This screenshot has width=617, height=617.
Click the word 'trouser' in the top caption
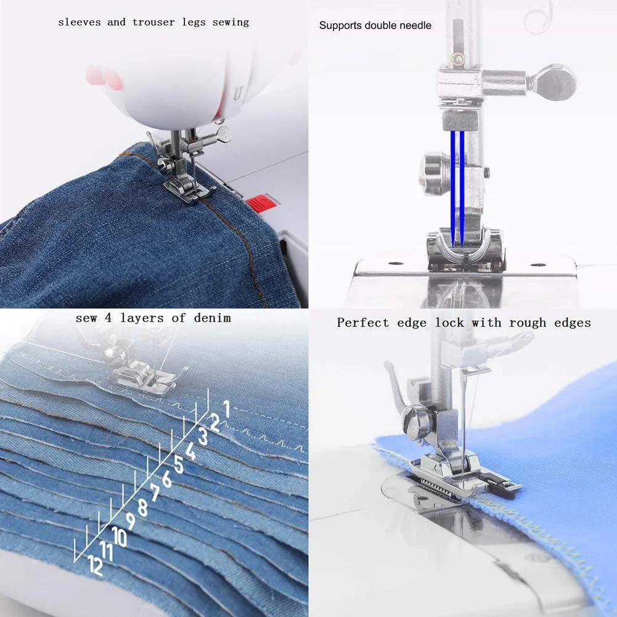coord(154,22)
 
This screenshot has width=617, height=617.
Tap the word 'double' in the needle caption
coord(380,25)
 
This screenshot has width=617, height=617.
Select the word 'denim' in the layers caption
coord(212,317)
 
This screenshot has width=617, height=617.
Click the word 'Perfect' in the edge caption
coord(362,322)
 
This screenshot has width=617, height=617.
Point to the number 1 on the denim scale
coord(226,409)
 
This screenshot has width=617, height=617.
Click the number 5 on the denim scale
coord(179,465)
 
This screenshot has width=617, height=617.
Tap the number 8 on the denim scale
coord(142,507)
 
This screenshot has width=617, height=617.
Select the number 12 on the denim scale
coord(95,565)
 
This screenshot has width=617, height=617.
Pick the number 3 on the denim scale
coord(203,436)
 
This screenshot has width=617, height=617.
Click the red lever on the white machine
coord(260,203)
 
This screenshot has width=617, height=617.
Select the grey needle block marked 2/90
coord(460,121)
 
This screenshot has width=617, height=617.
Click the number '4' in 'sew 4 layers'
coord(108,318)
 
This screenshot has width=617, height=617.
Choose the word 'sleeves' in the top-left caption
coord(80,22)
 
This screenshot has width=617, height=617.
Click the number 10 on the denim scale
coord(119,536)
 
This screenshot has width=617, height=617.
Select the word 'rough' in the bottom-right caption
coord(528,323)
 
